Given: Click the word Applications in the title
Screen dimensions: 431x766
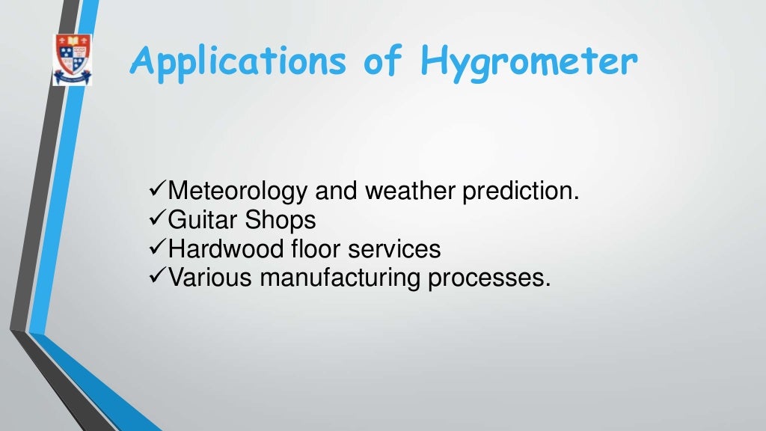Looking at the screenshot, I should click(238, 62).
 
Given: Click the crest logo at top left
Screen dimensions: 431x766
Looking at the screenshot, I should click(73, 59).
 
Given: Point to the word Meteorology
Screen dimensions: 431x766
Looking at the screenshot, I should click(237, 192).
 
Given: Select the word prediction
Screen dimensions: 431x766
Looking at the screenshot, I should click(521, 191).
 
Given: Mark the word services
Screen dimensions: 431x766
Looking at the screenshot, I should click(394, 248).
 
